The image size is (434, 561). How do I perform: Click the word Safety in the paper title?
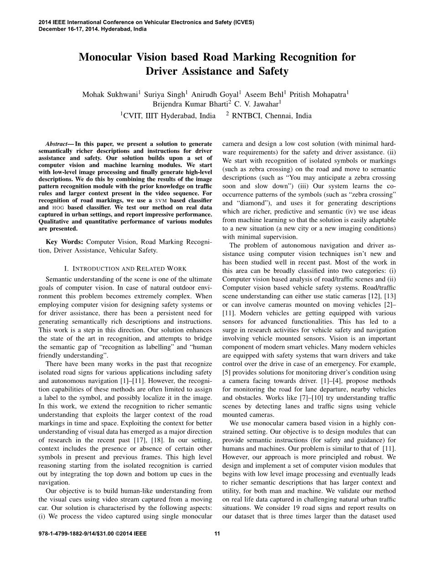tap(273, 71)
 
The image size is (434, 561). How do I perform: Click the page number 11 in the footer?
tap(217, 534)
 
